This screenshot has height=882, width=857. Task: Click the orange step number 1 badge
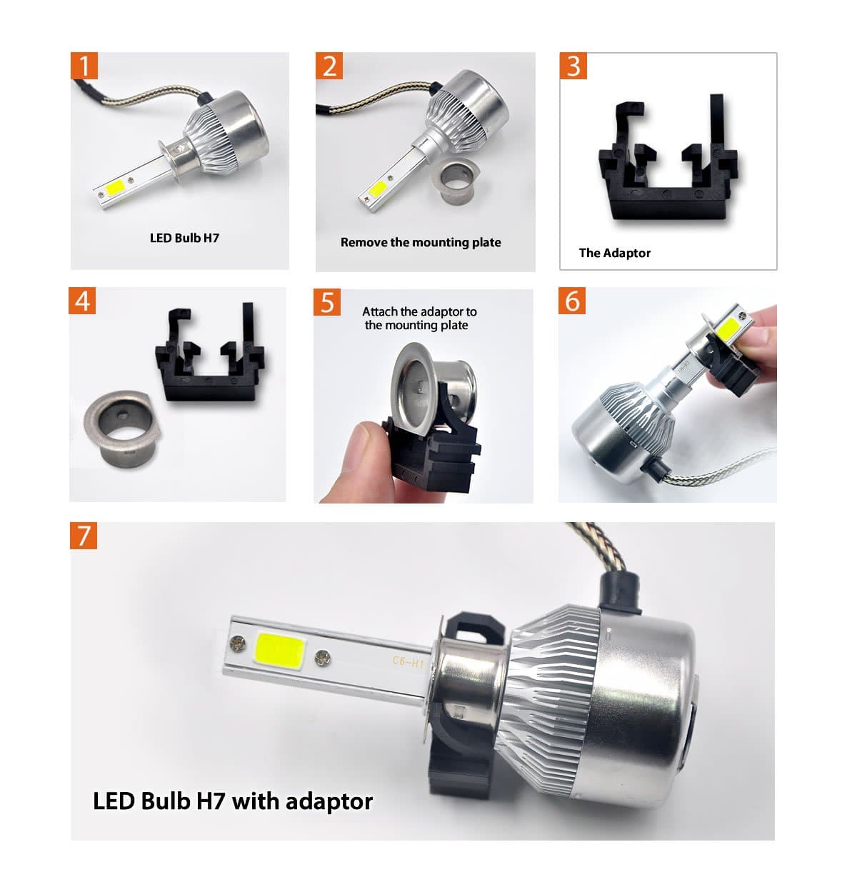[84, 66]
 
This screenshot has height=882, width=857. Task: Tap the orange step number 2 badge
[329, 66]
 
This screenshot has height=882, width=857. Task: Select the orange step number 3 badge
[573, 66]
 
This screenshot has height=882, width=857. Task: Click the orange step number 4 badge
[83, 301]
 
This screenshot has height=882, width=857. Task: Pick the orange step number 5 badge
[327, 302]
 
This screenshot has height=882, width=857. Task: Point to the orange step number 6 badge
[573, 301]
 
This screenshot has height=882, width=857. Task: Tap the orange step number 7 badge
[84, 535]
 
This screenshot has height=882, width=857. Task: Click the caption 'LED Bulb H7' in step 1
[184, 238]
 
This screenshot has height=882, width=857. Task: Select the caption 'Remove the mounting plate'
[421, 242]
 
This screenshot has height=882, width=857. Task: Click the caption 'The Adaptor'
[614, 253]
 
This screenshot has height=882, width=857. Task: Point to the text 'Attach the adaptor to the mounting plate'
[419, 319]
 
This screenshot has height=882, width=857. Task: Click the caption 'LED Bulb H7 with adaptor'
[233, 801]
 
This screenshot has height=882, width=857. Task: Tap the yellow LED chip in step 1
[117, 188]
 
